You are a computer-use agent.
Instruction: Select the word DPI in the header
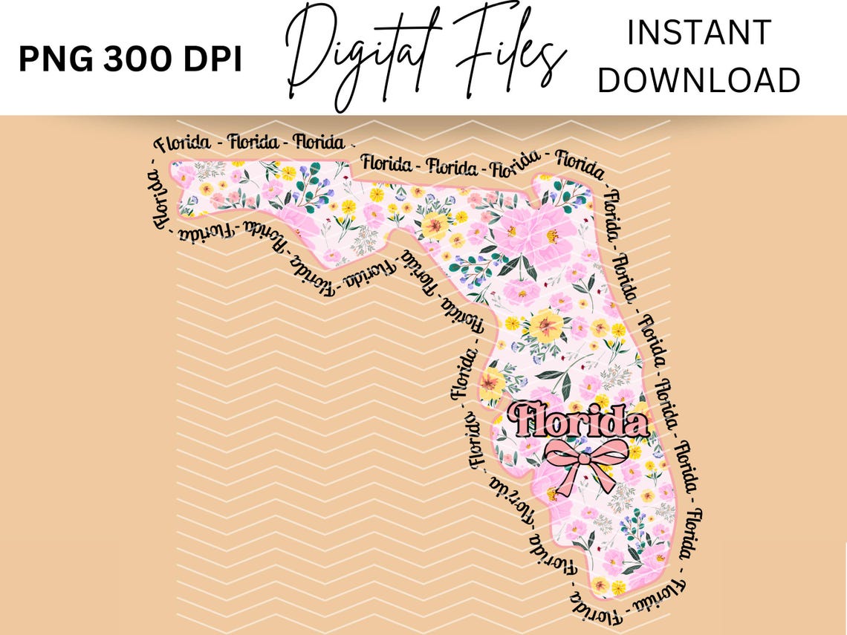pyautogui.click(x=212, y=60)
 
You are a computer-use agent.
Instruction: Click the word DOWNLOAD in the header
pyautogui.click(x=698, y=80)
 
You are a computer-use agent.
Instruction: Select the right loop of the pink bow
pyautogui.click(x=609, y=452)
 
